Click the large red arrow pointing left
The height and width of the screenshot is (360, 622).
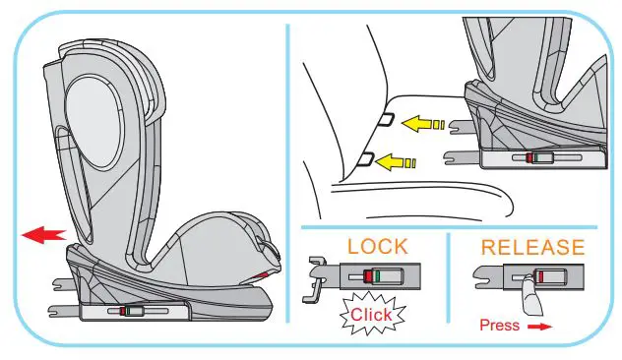point(45,234)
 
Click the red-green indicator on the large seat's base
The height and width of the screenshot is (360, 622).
point(127,312)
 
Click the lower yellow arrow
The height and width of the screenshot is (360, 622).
point(394,160)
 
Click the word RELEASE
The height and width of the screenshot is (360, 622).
point(531,246)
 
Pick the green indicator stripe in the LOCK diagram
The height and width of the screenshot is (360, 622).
point(377,276)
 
